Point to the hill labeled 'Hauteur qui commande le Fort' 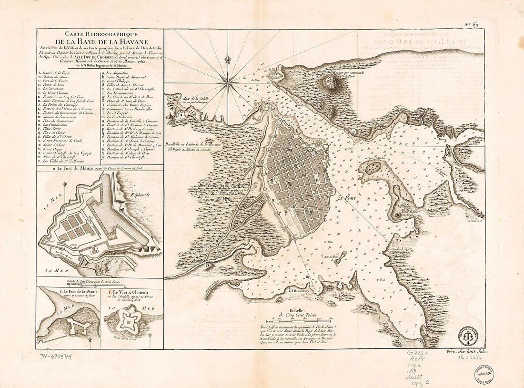343,82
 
